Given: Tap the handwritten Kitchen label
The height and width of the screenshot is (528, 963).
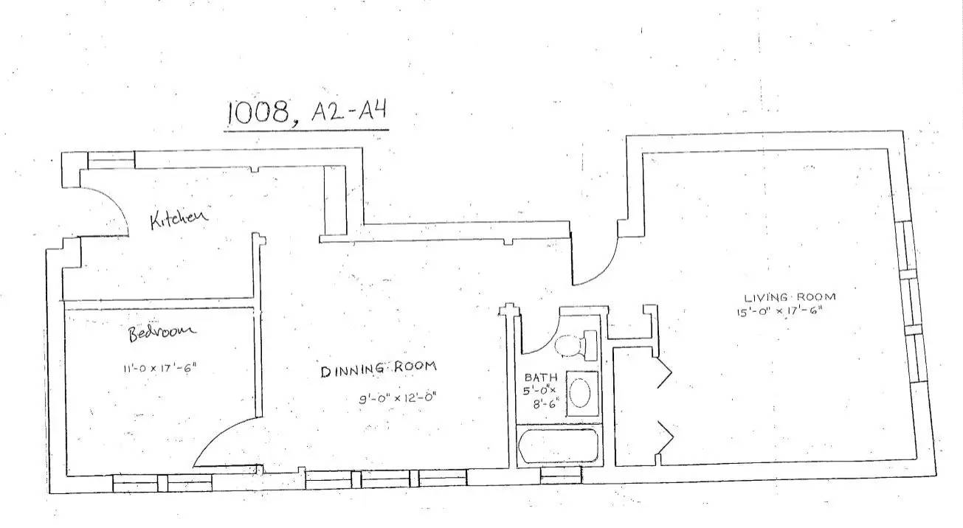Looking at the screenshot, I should point(179,218).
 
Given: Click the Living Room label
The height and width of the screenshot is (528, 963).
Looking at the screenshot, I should point(790,297).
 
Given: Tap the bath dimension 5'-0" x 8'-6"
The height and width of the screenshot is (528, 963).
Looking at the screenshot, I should point(542,395).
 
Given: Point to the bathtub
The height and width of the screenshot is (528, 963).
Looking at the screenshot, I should point(557,446).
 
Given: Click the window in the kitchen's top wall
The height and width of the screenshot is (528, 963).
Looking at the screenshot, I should point(111,159).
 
